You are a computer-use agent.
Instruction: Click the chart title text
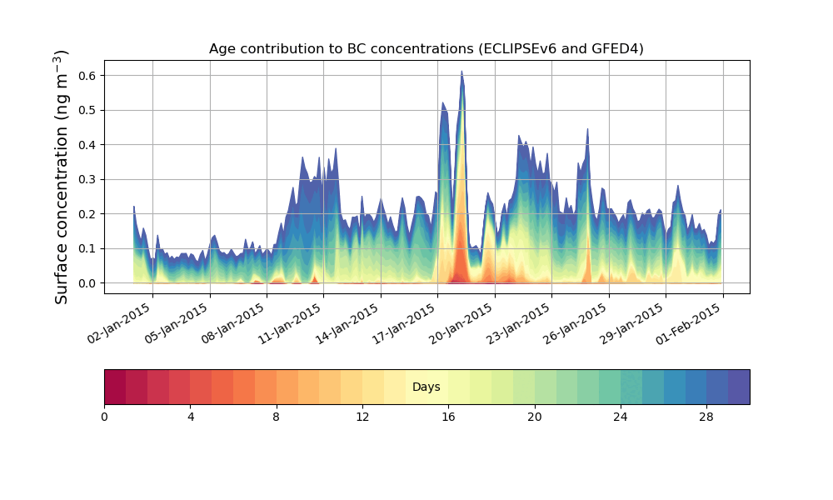coord(426,48)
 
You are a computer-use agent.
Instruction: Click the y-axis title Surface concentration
coord(62,177)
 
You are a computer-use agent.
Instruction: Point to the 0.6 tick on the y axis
coord(87,75)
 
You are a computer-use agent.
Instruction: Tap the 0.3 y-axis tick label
coord(87,179)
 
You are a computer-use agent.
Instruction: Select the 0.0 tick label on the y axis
coord(87,283)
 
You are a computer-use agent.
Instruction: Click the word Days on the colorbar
coord(426,387)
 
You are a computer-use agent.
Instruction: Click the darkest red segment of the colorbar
coord(115,387)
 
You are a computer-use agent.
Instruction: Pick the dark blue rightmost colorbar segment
coord(739,387)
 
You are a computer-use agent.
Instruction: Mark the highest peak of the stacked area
coord(461,72)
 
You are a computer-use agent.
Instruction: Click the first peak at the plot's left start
coord(134,207)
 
